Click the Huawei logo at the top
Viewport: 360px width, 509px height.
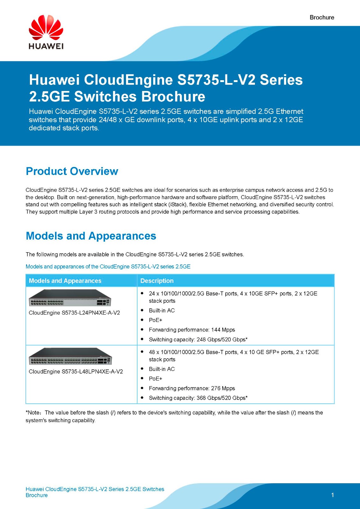[x=46, y=32]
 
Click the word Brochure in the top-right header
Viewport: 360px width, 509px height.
[x=322, y=17]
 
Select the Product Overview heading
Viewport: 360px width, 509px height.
[x=72, y=171]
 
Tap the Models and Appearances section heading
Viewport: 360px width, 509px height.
[x=91, y=236]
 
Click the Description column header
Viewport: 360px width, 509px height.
[x=157, y=281]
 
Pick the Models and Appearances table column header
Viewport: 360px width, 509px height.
[x=65, y=281]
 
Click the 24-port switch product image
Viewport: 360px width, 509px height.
[x=70, y=298]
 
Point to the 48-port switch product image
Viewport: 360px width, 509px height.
[x=70, y=356]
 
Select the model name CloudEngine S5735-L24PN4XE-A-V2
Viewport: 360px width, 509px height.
[x=74, y=313]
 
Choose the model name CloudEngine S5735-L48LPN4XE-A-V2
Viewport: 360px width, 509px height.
[x=76, y=372]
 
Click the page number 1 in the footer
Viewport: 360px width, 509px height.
[x=333, y=495]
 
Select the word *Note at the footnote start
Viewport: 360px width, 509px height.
[x=33, y=413]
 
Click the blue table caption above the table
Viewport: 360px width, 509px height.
[x=108, y=267]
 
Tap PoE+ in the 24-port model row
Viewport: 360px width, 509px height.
[x=156, y=320]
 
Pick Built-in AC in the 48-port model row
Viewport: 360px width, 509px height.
[x=162, y=369]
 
